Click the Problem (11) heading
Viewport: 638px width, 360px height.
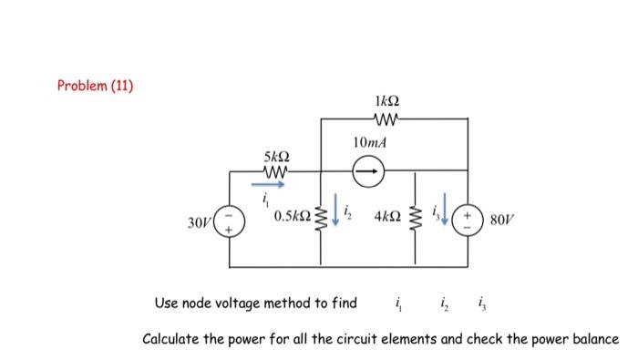(x=95, y=87)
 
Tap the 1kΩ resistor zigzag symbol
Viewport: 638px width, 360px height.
(x=386, y=118)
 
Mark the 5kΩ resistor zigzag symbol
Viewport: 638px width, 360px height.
(x=273, y=170)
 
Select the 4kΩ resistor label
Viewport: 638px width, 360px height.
(x=386, y=220)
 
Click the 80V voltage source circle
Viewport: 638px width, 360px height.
(x=468, y=220)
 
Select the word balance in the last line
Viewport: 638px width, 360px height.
(x=591, y=339)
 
